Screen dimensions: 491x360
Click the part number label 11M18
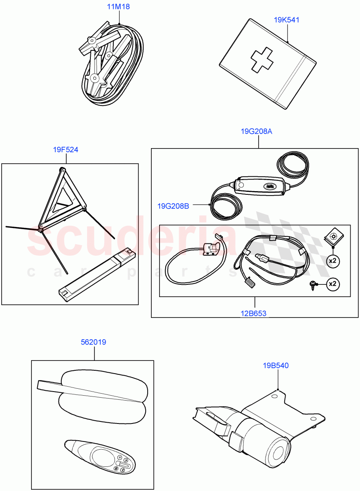pyautogui.click(x=119, y=7)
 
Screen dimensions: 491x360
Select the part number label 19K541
pyautogui.click(x=286, y=19)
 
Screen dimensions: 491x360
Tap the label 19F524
pyautogui.click(x=65, y=150)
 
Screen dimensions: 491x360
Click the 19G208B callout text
pyautogui.click(x=173, y=206)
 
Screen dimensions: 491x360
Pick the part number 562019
pyautogui.click(x=94, y=342)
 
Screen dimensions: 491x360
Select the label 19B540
pyautogui.click(x=276, y=365)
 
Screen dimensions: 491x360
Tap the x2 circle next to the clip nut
pyautogui.click(x=333, y=261)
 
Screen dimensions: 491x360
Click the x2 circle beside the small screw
pyautogui.click(x=333, y=283)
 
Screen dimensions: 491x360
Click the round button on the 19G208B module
pyautogui.click(x=241, y=186)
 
